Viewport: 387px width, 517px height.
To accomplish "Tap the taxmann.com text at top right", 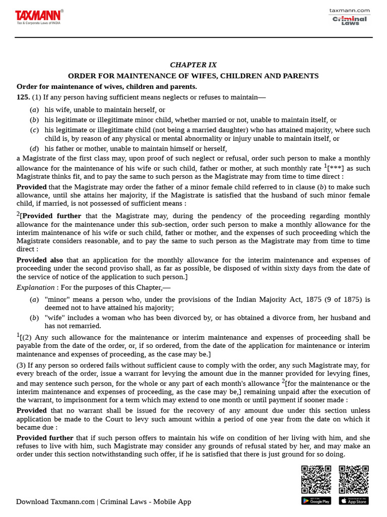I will [349, 10].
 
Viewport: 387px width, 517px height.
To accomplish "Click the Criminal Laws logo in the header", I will [349, 20].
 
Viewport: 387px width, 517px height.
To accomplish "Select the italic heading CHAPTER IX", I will [193, 65].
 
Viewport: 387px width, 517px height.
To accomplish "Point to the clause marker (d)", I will [34, 148].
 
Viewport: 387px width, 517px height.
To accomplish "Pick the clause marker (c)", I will [34, 130].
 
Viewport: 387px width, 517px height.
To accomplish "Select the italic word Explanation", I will [35, 287].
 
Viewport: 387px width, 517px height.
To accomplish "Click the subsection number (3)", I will [21, 365].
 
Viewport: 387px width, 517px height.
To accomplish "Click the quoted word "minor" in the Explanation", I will [55, 299].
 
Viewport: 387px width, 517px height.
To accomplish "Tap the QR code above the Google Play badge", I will [316, 479].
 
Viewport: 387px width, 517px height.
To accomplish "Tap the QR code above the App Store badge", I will [354, 479].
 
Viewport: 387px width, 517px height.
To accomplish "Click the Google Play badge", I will [316, 500].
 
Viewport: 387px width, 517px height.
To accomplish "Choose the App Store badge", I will [354, 500].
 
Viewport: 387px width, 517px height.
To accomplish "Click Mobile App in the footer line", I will [172, 501].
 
